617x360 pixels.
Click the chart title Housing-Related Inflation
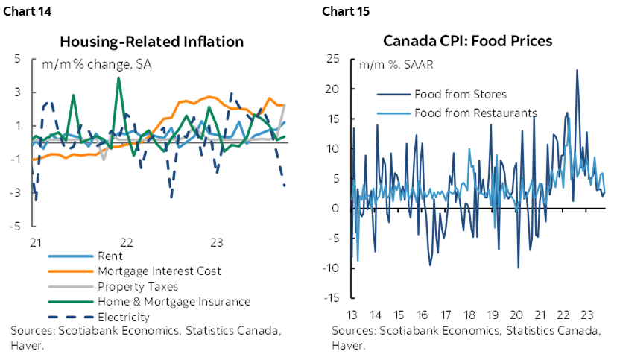click(x=151, y=41)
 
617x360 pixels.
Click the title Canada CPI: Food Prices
click(x=467, y=41)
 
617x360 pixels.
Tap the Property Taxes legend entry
click(x=137, y=286)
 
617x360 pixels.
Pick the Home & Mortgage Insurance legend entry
click(x=174, y=301)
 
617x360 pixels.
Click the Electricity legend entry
click(x=124, y=316)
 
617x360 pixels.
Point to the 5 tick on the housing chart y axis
click(x=16, y=59)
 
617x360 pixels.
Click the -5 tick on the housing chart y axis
click(x=14, y=226)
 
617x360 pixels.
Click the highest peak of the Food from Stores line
click(x=577, y=71)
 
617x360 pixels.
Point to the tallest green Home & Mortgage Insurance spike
click(x=118, y=78)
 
